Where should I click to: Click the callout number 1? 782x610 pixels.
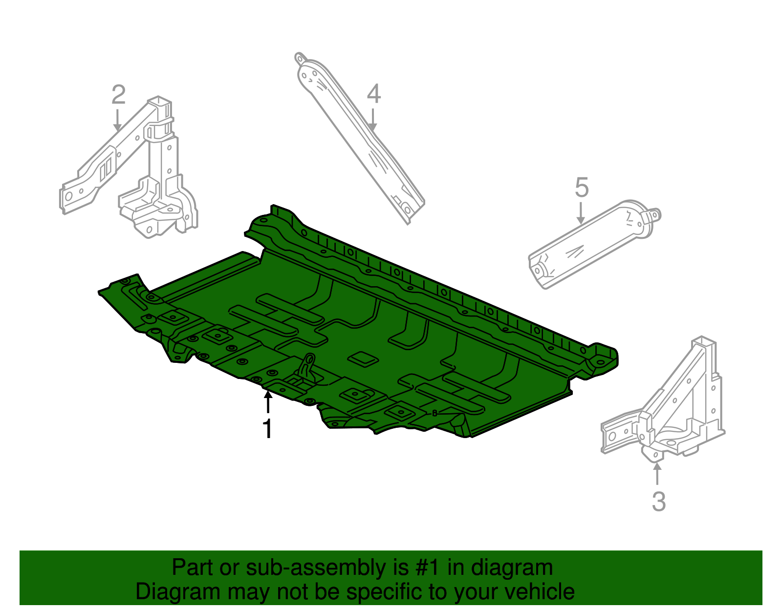pos(267,429)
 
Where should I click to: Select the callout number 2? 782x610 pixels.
pos(119,95)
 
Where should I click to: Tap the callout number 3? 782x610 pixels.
pos(658,501)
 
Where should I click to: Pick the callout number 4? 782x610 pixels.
pos(373,94)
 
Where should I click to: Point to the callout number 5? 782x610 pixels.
pos(582,188)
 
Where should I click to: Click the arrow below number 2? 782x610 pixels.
pos(117,120)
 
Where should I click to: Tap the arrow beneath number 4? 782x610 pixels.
pos(373,120)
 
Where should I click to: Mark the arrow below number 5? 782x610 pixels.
pos(581,213)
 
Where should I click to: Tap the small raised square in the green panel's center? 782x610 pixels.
pos(363,359)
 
